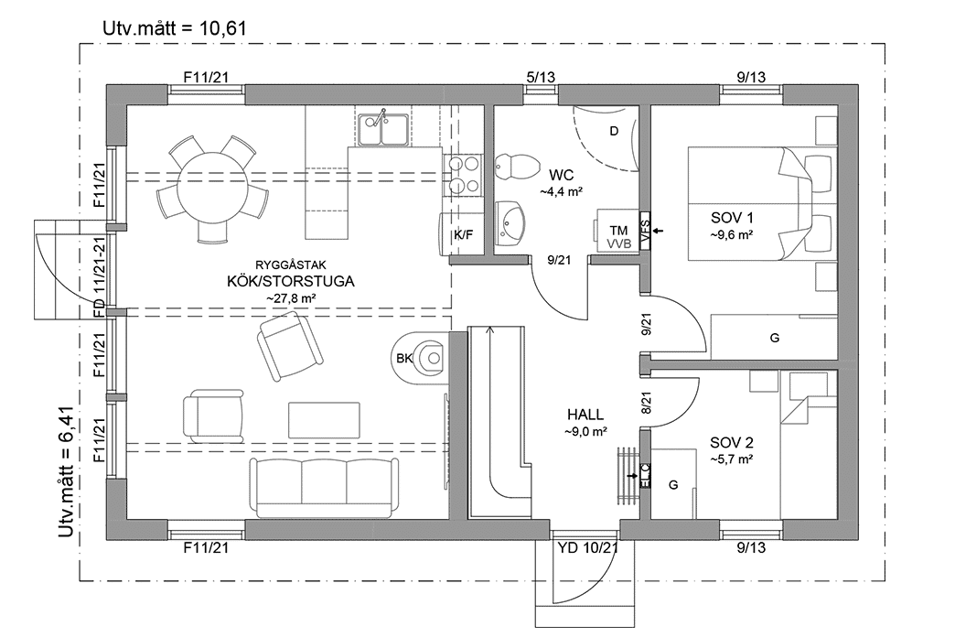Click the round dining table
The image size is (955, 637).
pos(213,186)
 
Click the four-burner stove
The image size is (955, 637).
pos(464,175)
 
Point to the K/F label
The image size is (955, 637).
pos(464,235)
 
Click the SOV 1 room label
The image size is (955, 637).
pos(732,218)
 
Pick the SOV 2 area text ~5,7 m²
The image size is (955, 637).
pos(732,459)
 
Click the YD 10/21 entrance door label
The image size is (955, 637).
pos(588,548)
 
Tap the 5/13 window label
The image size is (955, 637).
pos(540,78)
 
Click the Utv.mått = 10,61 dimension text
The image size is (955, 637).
pos(174,27)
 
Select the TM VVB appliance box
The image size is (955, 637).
pos(617,236)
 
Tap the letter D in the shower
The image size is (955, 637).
pos(614,131)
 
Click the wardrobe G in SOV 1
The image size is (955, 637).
pos(774,338)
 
